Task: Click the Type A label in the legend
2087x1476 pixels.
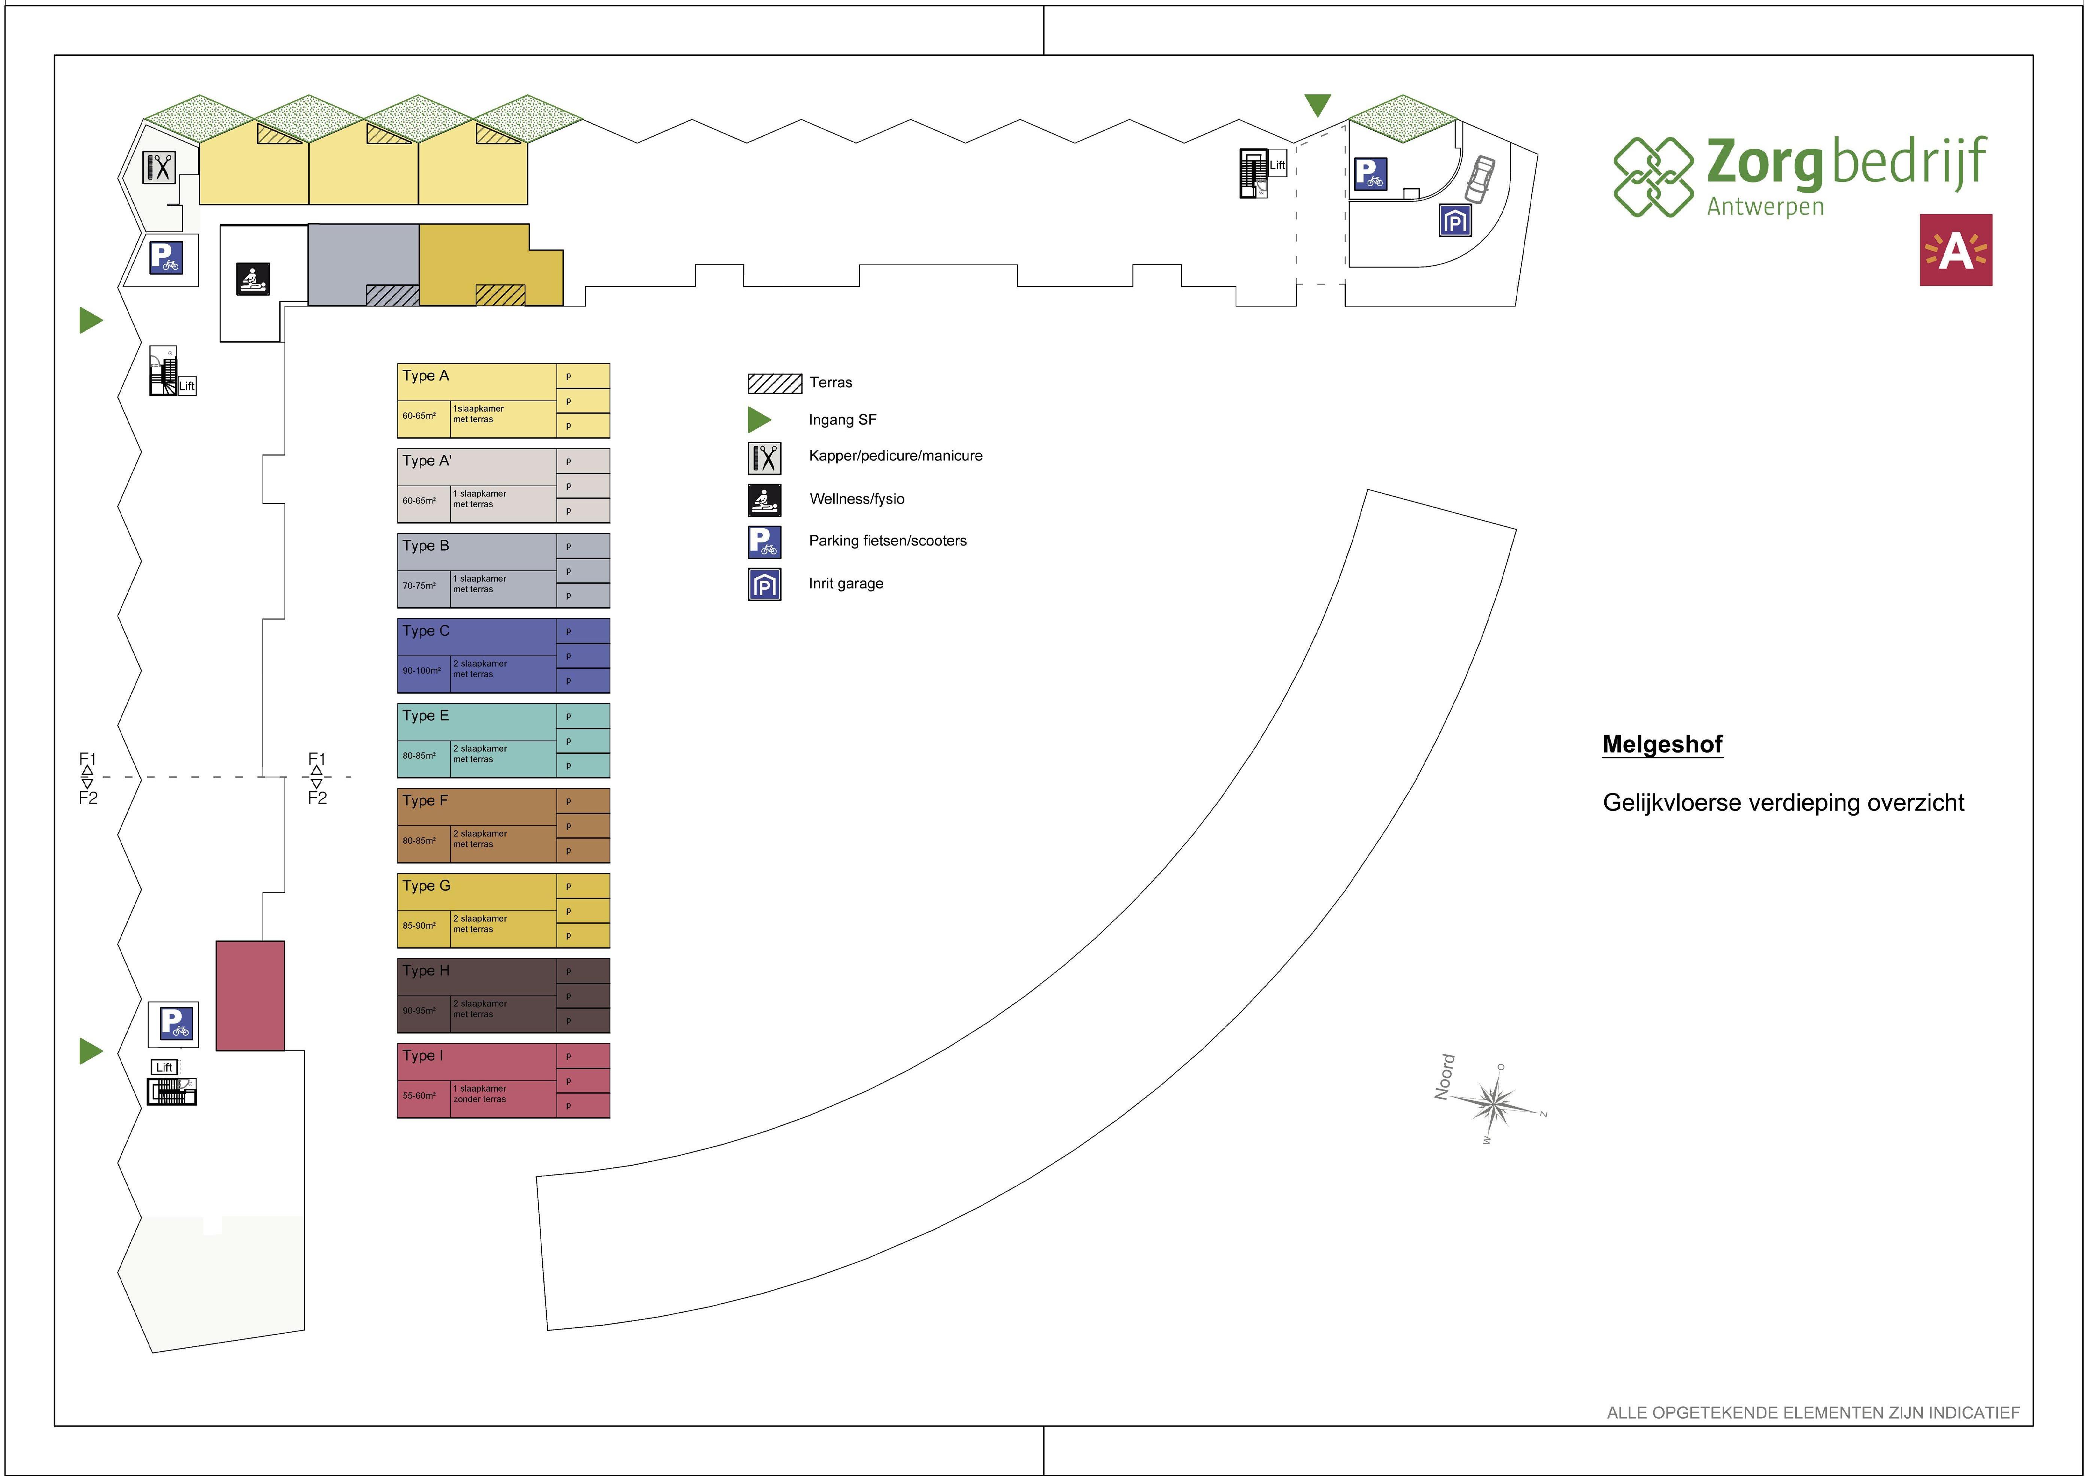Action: point(425,376)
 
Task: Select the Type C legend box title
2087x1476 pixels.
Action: point(425,631)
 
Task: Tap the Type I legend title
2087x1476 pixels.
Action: point(423,1056)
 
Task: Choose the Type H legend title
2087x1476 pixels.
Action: point(425,971)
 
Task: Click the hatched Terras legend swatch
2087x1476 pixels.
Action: point(774,383)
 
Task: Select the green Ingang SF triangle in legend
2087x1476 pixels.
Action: point(758,419)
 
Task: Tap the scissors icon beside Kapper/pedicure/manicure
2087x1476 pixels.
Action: point(764,457)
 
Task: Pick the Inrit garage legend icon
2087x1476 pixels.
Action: point(764,584)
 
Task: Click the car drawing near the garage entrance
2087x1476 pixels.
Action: point(1479,179)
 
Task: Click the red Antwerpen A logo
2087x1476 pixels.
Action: point(1955,250)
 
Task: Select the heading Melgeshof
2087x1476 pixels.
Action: point(1662,745)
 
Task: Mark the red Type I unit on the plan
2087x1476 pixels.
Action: point(250,996)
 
